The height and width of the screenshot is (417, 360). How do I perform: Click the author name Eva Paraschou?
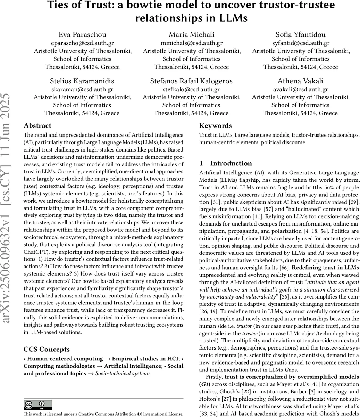(x=83, y=35)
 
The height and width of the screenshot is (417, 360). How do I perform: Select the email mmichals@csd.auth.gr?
(x=192, y=43)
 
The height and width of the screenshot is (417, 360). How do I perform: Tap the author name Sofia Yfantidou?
(x=301, y=35)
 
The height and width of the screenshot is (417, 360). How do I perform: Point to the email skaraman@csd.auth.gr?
(x=82, y=89)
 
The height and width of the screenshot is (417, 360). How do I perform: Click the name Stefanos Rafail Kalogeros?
(x=191, y=81)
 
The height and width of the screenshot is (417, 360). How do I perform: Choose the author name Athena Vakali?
(x=300, y=81)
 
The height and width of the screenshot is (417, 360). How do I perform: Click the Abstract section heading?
(x=37, y=126)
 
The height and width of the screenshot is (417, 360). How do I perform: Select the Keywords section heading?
(x=215, y=126)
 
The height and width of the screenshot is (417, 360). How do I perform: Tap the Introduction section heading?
(x=232, y=163)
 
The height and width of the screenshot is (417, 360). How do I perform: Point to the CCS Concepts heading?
(x=47, y=350)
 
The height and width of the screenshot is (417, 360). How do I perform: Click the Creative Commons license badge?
(x=37, y=405)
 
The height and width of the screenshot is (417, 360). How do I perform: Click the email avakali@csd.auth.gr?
(x=300, y=89)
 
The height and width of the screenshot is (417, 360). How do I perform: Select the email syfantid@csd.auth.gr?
(x=301, y=43)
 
